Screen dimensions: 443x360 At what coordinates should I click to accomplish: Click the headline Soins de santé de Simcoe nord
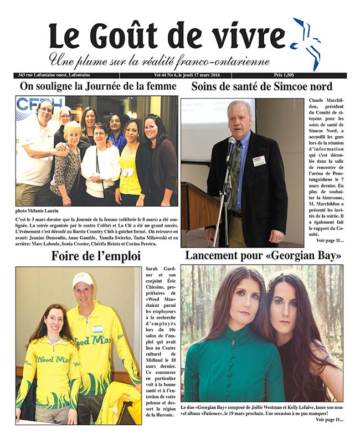coord(261,86)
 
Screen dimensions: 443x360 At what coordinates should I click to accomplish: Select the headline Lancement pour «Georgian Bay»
coord(263,256)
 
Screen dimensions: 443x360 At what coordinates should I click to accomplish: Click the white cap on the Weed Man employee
coord(83,279)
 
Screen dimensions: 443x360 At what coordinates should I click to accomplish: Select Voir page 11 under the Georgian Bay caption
coord(329,420)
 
